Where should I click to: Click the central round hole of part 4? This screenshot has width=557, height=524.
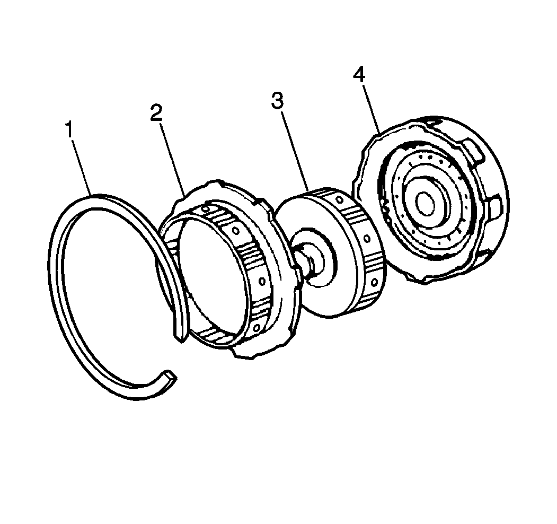click(425, 204)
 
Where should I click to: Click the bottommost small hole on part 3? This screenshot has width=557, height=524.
click(374, 282)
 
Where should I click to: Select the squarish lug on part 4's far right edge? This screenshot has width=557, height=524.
click(496, 208)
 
